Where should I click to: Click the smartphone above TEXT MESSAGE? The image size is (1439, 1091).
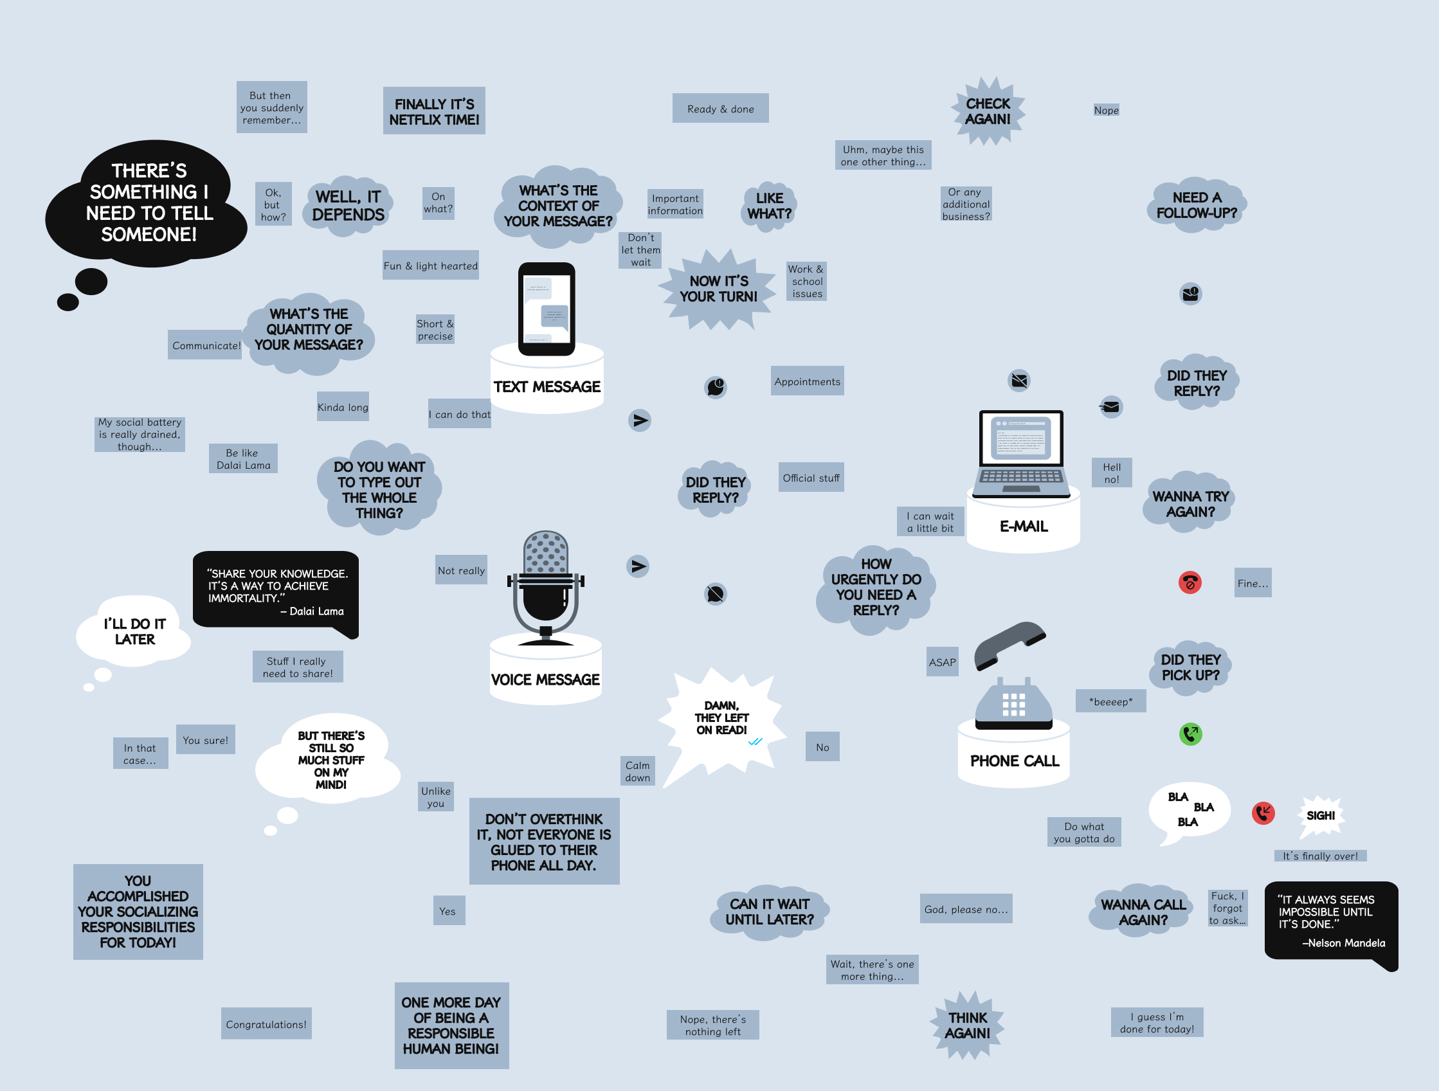547,309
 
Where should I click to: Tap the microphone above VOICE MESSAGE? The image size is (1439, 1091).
546,582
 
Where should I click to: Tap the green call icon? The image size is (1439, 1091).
1191,734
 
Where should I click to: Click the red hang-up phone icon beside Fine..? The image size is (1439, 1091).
1190,582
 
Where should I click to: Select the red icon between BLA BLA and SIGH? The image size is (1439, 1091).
1263,813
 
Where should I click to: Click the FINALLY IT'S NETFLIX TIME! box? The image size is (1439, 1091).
434,111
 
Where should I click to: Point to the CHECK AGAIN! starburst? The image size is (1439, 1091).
988,111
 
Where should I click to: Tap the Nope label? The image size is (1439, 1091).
1106,110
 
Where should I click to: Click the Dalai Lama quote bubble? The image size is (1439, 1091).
276,591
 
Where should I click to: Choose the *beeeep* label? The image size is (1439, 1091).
1110,701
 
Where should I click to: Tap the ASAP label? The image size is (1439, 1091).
942,662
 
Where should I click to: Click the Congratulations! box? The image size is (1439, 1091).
266,1024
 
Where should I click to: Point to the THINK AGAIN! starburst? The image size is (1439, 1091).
967,1025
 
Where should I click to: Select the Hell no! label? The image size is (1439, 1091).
1111,473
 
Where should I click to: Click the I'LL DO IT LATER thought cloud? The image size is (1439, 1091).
134,631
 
